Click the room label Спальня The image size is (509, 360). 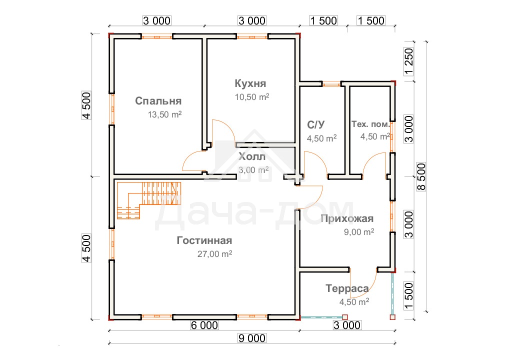pyautogui.click(x=158, y=101)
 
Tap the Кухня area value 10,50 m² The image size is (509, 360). pyautogui.click(x=252, y=97)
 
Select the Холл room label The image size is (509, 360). pyautogui.click(x=252, y=157)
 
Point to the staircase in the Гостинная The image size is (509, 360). pyautogui.click(x=148, y=200)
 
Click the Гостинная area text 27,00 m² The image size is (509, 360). pyautogui.click(x=214, y=254)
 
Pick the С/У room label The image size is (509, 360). pyautogui.click(x=315, y=124)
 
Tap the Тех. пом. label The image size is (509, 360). pyautogui.click(x=370, y=124)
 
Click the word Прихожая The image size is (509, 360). pyautogui.click(x=347, y=218)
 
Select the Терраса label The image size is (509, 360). pyautogui.click(x=347, y=288)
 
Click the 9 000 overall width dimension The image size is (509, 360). pyautogui.click(x=252, y=338)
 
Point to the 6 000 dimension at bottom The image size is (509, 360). pyautogui.click(x=204, y=325)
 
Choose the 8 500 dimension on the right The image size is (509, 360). pyautogui.click(x=421, y=176)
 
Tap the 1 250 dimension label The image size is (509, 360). pyautogui.click(x=409, y=61)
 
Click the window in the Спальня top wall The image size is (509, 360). pyautogui.click(x=157, y=37)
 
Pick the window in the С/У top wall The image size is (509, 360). pyautogui.click(x=331, y=84)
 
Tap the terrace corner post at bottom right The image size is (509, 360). pyautogui.click(x=392, y=317)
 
